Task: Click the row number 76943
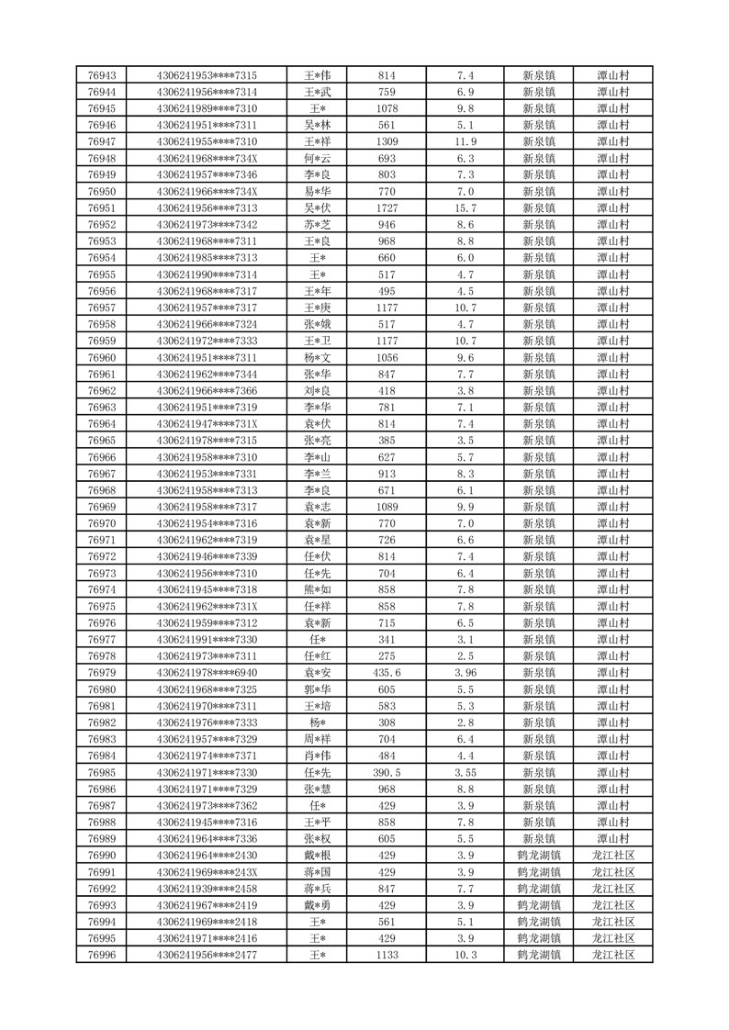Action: click(x=101, y=75)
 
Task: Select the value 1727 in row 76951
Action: click(x=387, y=208)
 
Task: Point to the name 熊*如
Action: click(x=317, y=589)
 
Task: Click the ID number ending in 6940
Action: click(x=207, y=673)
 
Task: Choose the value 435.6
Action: click(x=387, y=673)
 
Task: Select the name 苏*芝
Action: click(x=317, y=225)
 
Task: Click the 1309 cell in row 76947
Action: click(x=387, y=141)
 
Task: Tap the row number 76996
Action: click(x=101, y=955)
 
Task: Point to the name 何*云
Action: click(x=317, y=158)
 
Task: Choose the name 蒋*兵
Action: click(x=317, y=889)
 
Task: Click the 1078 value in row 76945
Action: click(x=387, y=108)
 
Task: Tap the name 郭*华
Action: click(x=317, y=689)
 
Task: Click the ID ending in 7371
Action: click(x=207, y=756)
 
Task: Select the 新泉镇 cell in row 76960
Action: click(x=538, y=357)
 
